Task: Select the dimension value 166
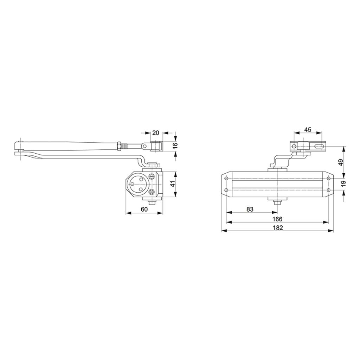(x=277, y=219)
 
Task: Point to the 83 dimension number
(x=250, y=209)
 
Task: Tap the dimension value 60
(x=144, y=209)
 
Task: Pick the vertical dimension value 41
(x=172, y=184)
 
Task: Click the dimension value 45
(x=308, y=130)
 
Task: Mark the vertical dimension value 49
(x=341, y=162)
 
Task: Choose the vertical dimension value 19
(x=343, y=184)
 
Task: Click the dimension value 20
(x=156, y=133)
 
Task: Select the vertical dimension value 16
(x=175, y=145)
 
